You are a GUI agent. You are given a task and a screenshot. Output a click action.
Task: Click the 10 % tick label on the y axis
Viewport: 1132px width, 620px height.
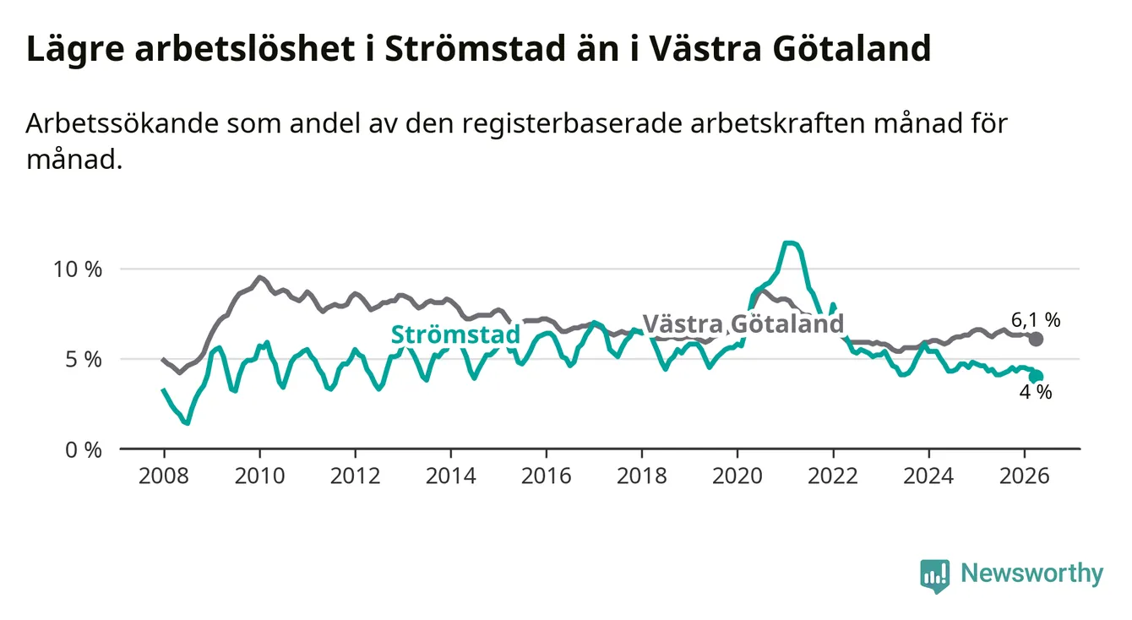78,269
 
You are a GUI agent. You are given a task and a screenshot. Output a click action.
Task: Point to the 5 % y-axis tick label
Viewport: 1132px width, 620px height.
84,360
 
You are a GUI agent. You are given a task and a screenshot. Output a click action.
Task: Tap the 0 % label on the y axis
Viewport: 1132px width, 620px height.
84,449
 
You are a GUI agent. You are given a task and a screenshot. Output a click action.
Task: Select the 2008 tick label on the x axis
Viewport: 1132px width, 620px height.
164,476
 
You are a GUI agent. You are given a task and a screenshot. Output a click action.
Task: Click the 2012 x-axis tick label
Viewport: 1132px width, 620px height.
356,476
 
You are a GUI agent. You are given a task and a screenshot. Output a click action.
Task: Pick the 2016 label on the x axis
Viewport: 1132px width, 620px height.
547,476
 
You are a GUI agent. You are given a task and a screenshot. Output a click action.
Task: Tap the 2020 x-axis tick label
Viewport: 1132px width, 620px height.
737,476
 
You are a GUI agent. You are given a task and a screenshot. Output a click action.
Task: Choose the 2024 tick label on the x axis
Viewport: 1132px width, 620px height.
928,476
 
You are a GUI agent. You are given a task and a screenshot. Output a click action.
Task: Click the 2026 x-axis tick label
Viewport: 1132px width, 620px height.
1025,476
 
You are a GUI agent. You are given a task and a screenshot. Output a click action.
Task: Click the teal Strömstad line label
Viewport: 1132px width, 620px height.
456,334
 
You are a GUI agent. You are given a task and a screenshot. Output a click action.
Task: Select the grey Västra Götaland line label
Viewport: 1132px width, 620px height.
743,324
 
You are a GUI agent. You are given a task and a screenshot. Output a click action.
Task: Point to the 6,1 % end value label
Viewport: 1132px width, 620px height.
1036,320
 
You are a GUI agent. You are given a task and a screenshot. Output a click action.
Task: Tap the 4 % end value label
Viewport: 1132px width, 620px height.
1036,392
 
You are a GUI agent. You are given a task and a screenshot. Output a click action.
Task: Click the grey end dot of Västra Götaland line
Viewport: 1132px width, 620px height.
1036,339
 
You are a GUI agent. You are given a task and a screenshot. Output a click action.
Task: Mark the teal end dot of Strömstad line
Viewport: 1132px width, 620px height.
1036,377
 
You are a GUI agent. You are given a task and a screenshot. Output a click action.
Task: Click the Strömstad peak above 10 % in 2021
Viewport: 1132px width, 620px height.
790,243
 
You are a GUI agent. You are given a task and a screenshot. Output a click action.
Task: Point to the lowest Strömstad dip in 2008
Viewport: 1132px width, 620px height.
187,422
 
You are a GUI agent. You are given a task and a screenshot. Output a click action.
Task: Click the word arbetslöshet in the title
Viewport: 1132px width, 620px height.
245,49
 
